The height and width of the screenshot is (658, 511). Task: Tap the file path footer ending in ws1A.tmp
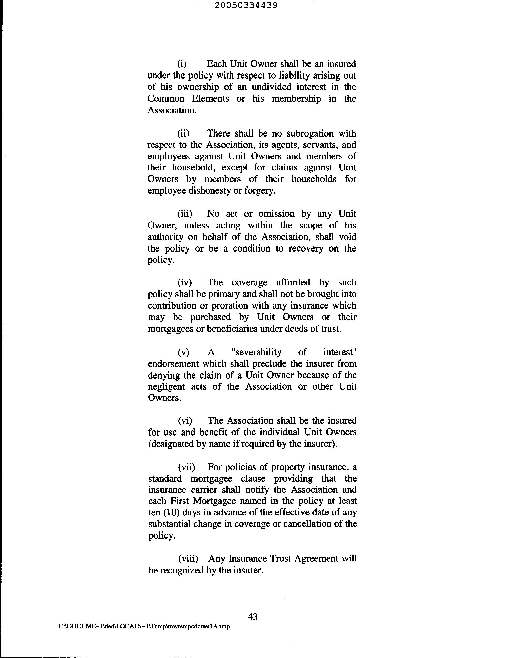coord(144,627)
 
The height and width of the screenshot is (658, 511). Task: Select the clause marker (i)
coord(182,64)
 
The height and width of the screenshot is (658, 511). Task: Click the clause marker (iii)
coord(184,214)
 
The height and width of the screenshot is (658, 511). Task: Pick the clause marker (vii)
coord(186,467)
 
